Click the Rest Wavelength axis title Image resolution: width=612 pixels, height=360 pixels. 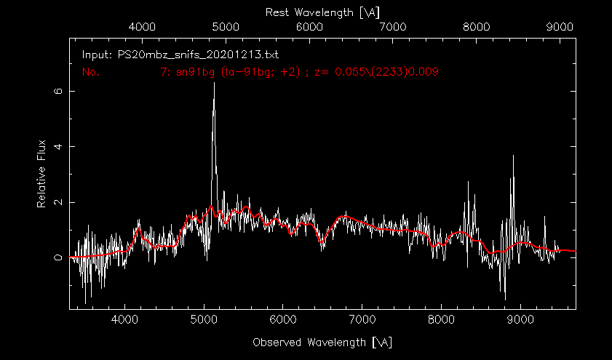tap(323, 12)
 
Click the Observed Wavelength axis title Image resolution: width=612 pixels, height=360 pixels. tap(322, 341)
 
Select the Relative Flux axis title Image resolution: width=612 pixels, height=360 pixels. tap(42, 173)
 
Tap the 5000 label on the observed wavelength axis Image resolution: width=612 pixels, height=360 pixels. tap(204, 319)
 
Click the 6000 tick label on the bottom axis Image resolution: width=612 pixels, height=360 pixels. tap(283, 319)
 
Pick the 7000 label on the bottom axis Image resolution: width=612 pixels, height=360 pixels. tap(362, 319)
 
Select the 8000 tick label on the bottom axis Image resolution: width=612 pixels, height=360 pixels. tap(441, 319)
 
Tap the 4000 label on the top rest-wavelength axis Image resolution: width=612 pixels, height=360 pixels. tap(142, 26)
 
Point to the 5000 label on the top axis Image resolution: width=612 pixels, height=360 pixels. tap(226, 26)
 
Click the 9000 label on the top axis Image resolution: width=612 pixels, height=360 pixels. tap(560, 26)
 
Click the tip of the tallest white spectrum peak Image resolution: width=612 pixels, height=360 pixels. tap(214, 83)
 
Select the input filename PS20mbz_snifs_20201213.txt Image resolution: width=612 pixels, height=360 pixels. tap(180, 55)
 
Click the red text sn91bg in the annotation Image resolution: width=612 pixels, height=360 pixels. tap(191, 72)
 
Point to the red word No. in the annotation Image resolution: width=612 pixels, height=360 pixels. tap(90, 72)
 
